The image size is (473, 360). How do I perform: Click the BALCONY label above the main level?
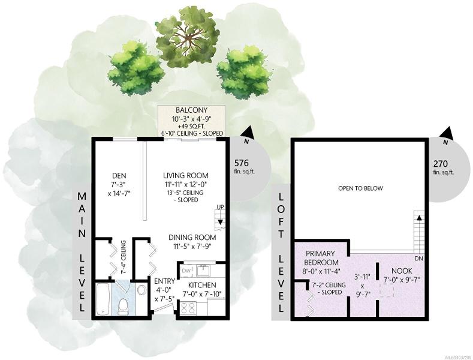pos(192,110)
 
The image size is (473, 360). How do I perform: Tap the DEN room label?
pos(119,175)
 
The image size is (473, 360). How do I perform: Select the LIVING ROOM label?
pos(186,175)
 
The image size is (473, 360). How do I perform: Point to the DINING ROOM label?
pos(192,238)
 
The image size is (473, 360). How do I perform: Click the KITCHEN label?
pos(202,285)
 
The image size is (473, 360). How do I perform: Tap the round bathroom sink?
pos(141,290)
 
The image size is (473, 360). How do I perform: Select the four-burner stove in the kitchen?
pos(188,308)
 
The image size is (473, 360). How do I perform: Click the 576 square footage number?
pos(242,163)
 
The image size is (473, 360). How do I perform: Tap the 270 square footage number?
pos(441,164)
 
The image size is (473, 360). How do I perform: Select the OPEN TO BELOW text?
pos(360,188)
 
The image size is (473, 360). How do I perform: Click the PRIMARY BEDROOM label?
pos(321,258)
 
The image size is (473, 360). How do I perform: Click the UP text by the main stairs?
pos(220,208)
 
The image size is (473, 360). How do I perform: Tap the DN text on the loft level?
pos(418,259)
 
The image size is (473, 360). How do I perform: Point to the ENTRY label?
pos(165,281)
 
